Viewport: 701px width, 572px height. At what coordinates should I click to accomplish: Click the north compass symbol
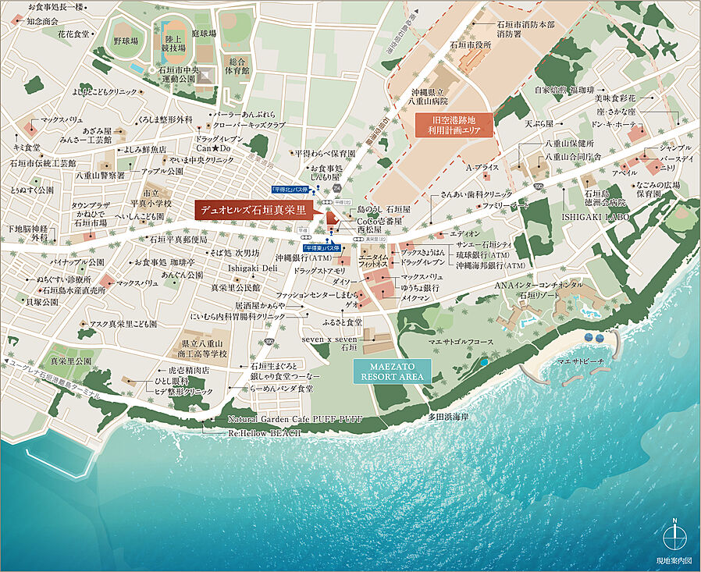pos(674,537)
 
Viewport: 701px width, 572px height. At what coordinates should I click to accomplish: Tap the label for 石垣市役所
pos(470,44)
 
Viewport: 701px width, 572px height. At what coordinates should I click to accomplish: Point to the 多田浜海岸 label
pos(448,417)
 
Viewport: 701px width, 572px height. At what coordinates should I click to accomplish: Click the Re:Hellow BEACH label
pos(265,432)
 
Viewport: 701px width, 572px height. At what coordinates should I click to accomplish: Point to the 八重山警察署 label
pos(99,176)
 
